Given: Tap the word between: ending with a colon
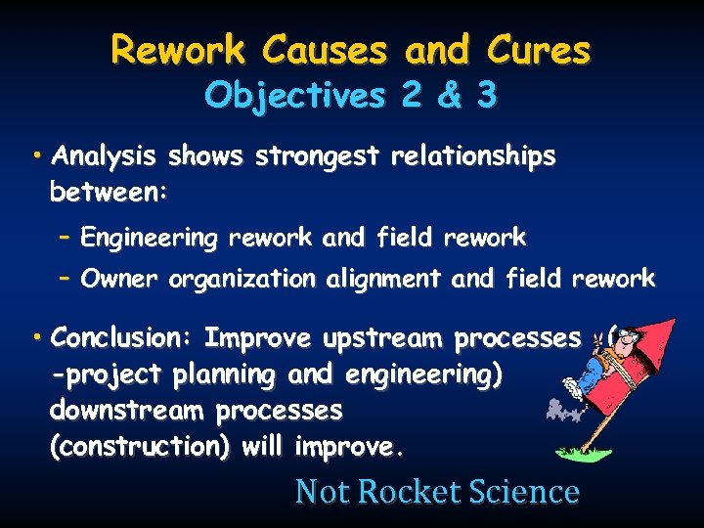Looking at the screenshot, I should point(109,193).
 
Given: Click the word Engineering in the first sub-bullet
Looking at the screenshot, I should point(150,238).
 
